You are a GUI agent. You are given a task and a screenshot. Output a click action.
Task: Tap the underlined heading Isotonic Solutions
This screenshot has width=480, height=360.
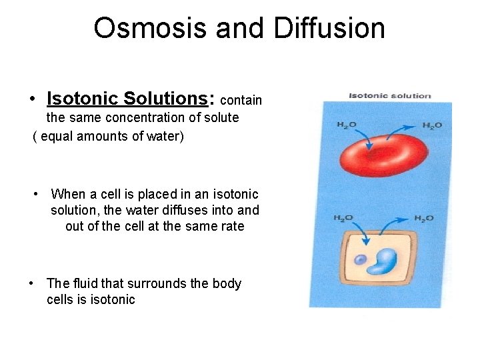[x=127, y=99]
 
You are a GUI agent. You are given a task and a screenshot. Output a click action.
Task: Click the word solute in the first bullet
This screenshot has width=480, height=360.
[x=221, y=117]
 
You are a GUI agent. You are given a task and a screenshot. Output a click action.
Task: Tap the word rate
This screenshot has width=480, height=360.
[x=231, y=226]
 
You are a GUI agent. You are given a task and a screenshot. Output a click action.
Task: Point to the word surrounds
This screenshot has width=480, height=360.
[x=159, y=283]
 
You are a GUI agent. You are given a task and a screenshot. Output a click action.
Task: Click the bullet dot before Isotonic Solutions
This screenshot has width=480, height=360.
[x=32, y=100]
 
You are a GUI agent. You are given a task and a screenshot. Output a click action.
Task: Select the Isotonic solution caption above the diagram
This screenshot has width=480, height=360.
[x=390, y=95]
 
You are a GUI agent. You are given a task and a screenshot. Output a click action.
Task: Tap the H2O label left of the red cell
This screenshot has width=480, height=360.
[x=346, y=125]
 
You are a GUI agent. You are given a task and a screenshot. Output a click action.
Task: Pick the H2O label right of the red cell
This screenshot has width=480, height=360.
[x=432, y=125]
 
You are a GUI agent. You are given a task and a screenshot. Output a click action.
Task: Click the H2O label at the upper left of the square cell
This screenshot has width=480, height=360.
[x=343, y=218]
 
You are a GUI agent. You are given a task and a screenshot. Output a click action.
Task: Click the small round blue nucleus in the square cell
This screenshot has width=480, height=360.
[x=360, y=260]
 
